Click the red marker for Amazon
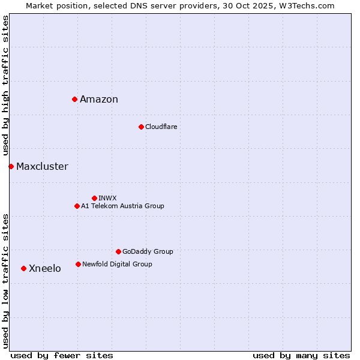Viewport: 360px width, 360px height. point(74,99)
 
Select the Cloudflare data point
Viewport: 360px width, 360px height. point(141,127)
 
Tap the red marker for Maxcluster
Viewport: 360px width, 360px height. point(11,166)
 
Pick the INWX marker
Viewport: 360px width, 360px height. point(94,198)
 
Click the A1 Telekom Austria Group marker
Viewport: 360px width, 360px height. point(77,206)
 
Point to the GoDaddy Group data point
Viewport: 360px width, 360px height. point(118,251)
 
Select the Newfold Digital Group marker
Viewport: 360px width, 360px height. point(78,264)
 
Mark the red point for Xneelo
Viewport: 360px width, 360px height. point(23,268)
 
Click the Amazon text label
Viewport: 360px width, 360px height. point(99,100)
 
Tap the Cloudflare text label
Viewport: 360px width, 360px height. point(161,127)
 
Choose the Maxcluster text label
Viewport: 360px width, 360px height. point(42,167)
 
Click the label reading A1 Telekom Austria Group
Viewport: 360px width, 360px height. point(122,206)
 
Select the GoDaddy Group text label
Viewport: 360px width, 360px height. point(148,251)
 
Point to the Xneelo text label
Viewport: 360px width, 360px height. point(45,269)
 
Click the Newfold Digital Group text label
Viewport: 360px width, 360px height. point(117,264)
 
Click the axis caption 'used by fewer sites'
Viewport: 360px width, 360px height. point(62,355)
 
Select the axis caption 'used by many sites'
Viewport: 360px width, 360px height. point(301,355)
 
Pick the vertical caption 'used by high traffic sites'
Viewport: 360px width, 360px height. point(5,86)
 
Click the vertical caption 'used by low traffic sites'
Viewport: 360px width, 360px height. point(5,281)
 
